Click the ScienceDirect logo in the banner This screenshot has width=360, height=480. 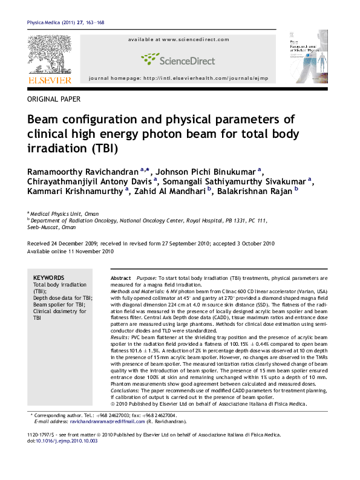[178, 59]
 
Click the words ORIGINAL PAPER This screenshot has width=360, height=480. [54, 99]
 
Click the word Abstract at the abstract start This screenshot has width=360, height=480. [121, 277]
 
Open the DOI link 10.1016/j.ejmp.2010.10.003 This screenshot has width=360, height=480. [67, 441]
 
